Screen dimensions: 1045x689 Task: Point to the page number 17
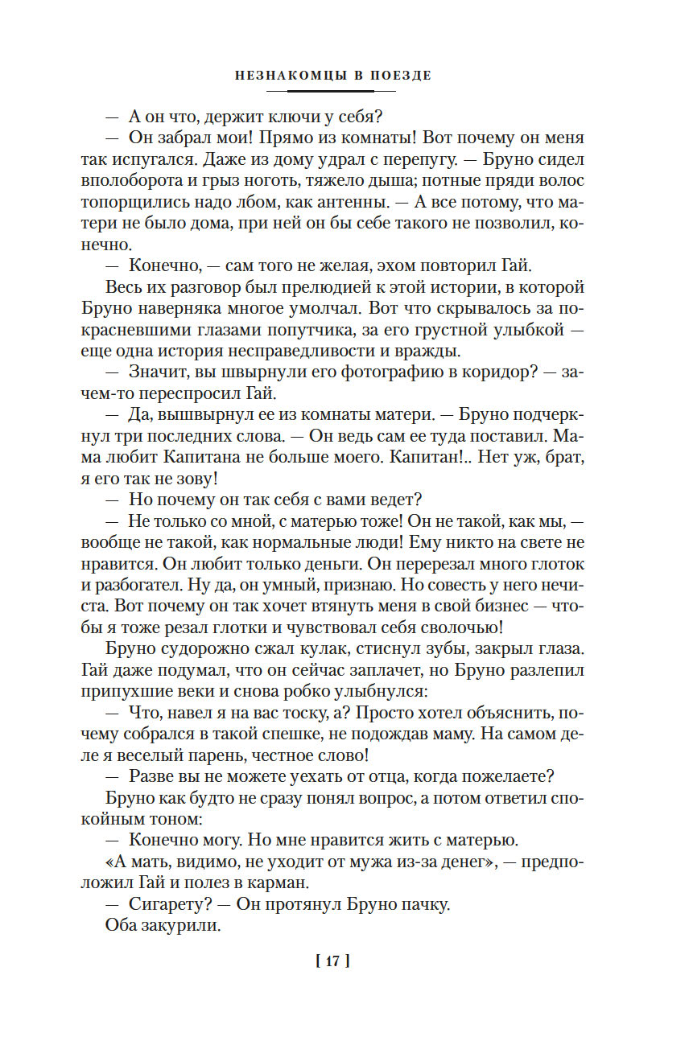[333, 960]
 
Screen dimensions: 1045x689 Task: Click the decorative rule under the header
[333, 91]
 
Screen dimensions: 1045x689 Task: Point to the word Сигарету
[162, 904]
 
